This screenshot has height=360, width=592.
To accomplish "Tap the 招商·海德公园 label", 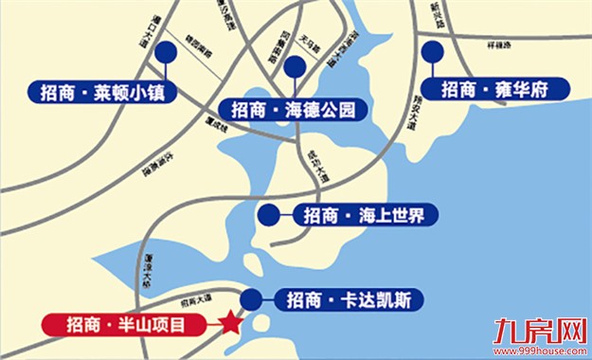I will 294,109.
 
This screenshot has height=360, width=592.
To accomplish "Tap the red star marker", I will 229,324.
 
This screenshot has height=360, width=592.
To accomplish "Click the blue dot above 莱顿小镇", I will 167,53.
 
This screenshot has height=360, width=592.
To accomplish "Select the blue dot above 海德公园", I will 295,66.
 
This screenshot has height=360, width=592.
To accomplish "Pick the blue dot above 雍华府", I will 435,52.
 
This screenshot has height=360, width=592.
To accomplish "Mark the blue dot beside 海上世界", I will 269,215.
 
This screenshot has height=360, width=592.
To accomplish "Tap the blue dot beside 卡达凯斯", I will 251,301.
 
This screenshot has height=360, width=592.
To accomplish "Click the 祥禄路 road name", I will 498,44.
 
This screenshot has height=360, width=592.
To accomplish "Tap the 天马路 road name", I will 309,42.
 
